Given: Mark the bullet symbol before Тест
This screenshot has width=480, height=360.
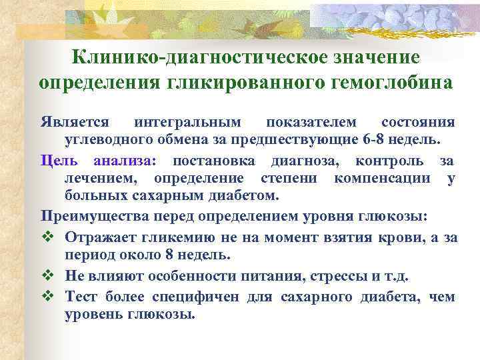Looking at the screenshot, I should click(x=47, y=297).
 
